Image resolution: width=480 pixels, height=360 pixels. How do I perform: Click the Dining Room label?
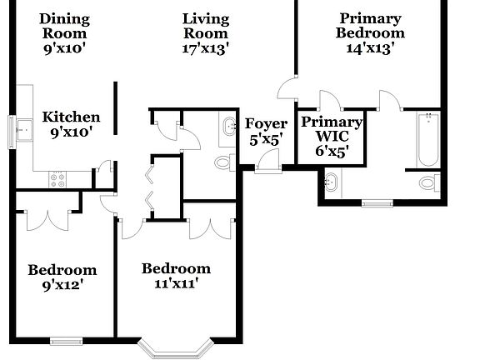65,26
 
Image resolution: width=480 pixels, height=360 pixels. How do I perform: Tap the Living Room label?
206,26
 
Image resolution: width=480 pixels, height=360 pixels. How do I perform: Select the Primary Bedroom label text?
370,26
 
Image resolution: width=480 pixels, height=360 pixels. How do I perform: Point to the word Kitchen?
72,117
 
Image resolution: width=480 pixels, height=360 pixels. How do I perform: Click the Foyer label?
266,124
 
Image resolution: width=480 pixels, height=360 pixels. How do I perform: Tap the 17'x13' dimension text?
206,47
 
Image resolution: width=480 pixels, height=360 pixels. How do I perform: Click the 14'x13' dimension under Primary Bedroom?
370,47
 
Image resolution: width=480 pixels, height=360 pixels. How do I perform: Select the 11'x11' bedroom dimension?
176,283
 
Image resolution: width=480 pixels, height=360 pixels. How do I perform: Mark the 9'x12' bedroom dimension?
62,285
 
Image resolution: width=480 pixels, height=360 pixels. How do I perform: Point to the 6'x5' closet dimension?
332,151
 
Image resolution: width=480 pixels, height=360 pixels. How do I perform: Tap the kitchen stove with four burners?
58,177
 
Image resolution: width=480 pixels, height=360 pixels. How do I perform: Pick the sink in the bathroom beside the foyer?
228,127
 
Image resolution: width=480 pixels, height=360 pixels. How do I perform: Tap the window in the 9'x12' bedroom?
66,339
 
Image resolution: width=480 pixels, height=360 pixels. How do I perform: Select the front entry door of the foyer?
268,167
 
